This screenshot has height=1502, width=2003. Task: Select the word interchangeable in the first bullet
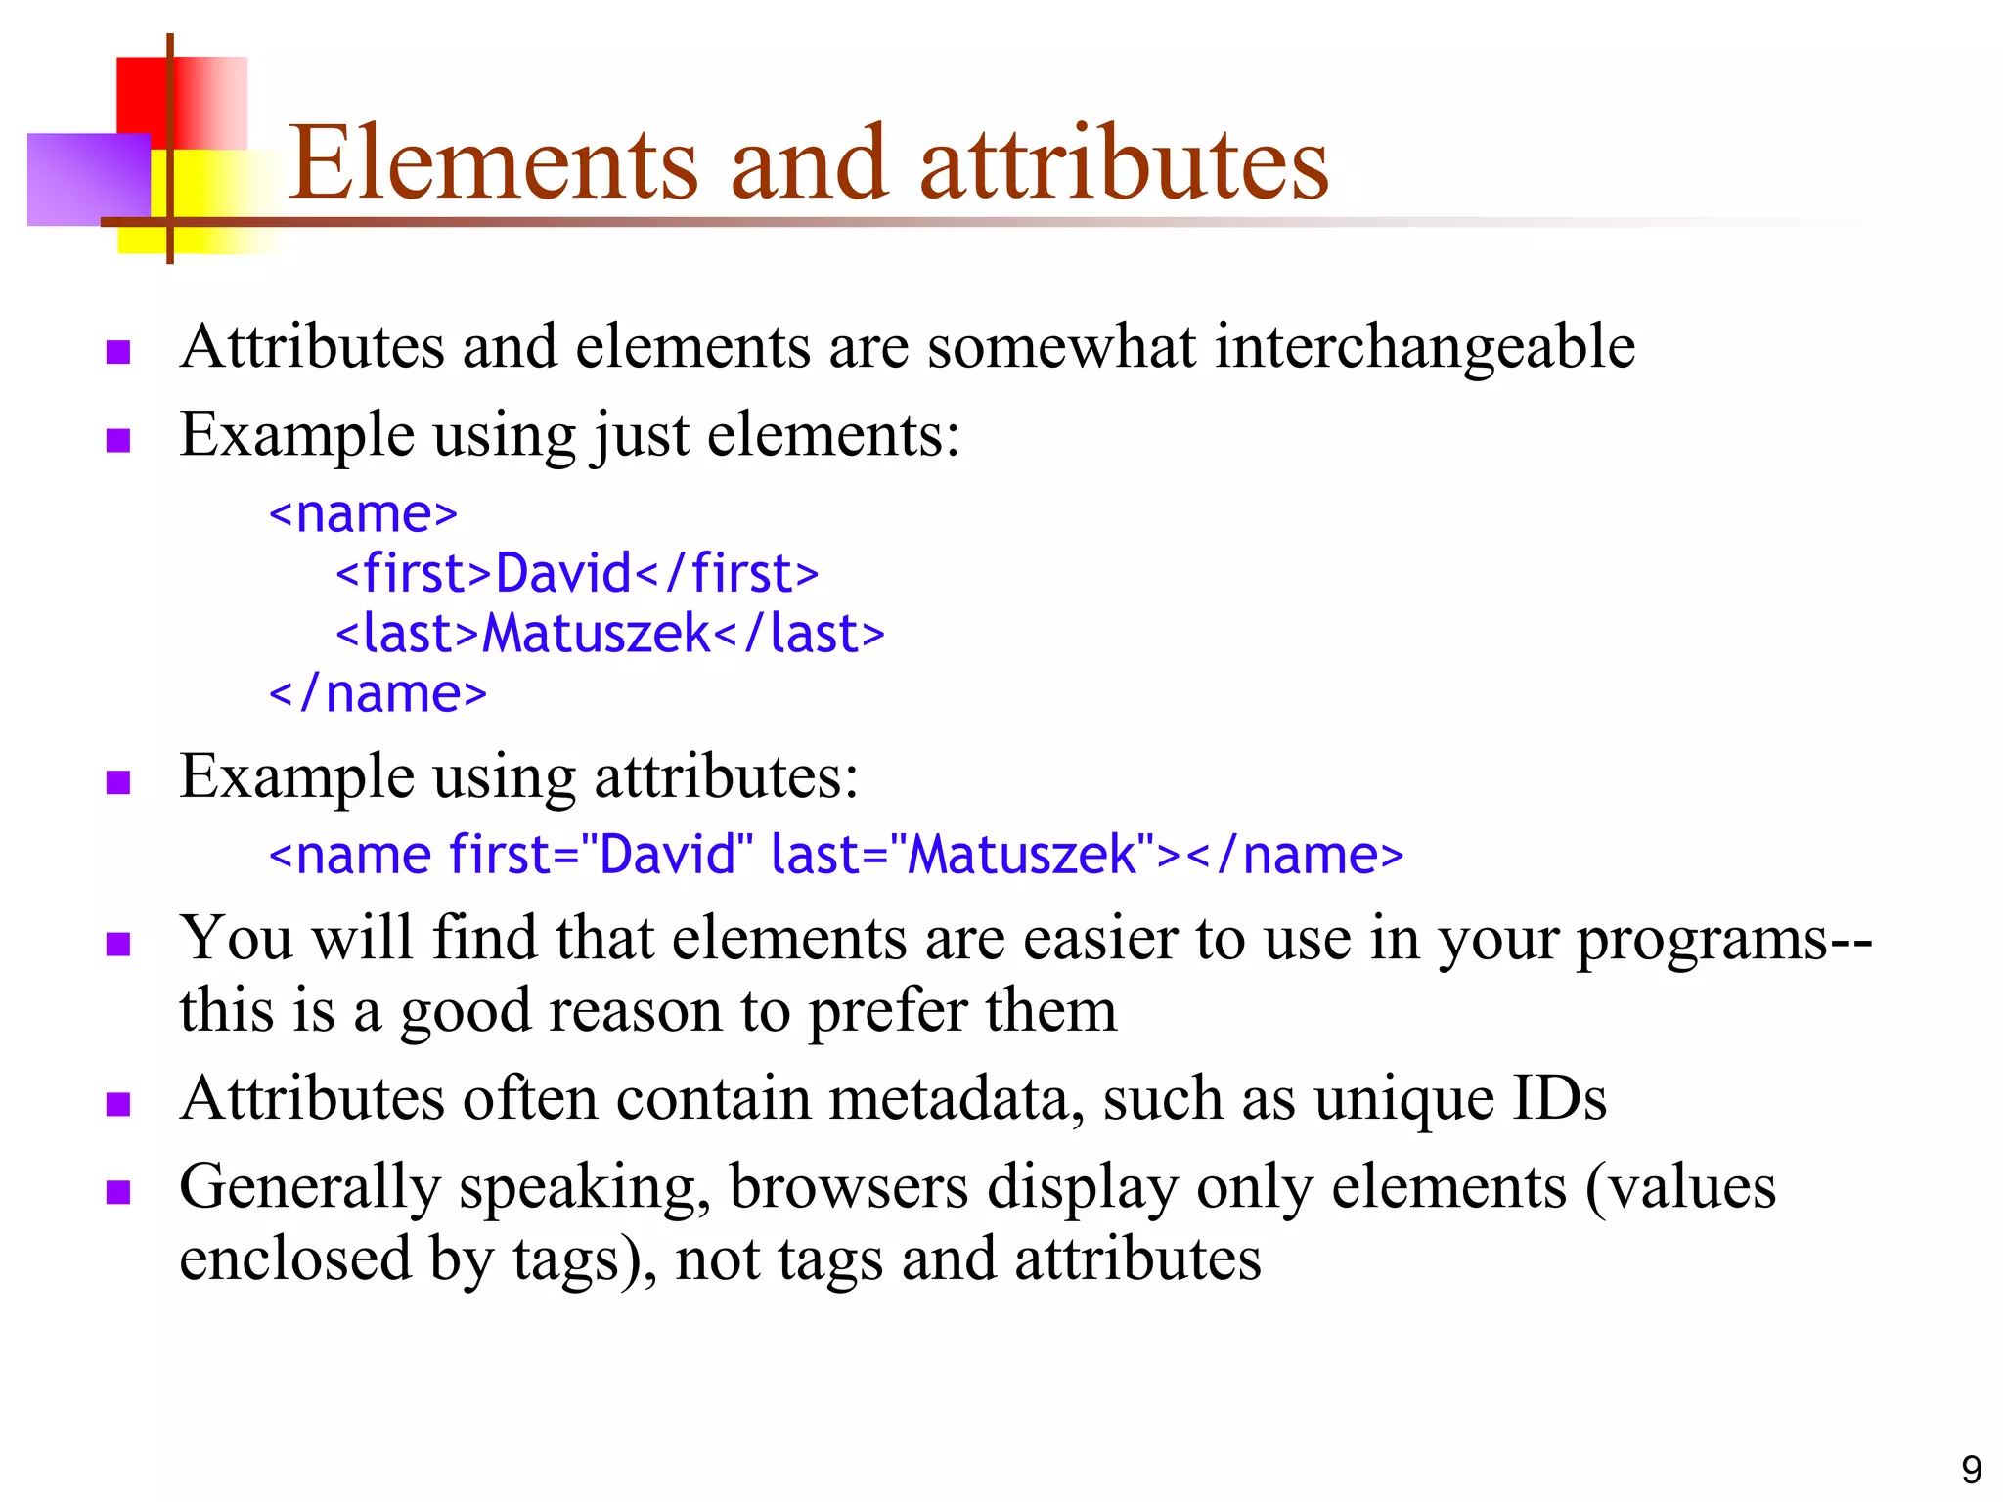pos(1425,348)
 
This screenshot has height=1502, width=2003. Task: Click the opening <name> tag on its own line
pos(363,514)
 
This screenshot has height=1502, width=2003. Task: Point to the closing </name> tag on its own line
pos(378,694)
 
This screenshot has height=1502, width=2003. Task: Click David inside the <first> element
pos(564,574)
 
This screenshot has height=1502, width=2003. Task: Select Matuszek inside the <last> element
pos(597,634)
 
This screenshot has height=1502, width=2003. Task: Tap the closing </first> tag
pos(728,574)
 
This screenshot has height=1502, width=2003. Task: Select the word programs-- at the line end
pos(1724,939)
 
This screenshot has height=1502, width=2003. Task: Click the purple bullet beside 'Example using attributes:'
pos(118,782)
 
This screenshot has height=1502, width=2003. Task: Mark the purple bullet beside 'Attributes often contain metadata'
pos(118,1104)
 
